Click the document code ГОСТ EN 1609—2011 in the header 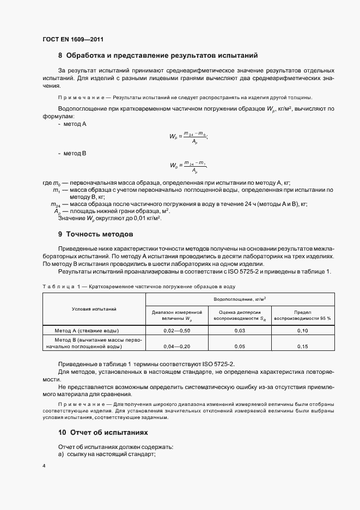pyautogui.click(x=72, y=40)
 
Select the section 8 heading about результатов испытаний pyautogui.click(x=158, y=56)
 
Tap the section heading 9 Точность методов pyautogui.click(x=95, y=234)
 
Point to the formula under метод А pyautogui.click(x=188, y=137)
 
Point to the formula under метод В pyautogui.click(x=188, y=166)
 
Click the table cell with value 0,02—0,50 pyautogui.click(x=177, y=331)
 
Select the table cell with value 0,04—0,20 pyautogui.click(x=177, y=346)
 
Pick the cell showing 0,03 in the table pyautogui.click(x=240, y=331)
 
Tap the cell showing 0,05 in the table pyautogui.click(x=240, y=346)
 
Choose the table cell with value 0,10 pyautogui.click(x=302, y=331)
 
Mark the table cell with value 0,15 pyautogui.click(x=302, y=346)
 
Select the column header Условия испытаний pyautogui.click(x=94, y=309)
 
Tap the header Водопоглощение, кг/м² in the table pyautogui.click(x=240, y=299)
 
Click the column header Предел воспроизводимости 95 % pyautogui.click(x=302, y=315)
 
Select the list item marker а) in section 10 pyautogui.click(x=60, y=455)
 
